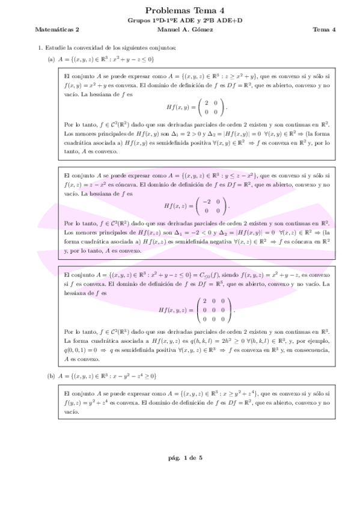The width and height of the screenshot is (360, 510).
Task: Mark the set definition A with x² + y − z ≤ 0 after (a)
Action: pyautogui.click(x=106, y=59)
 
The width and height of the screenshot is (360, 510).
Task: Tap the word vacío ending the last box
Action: pyautogui.click(x=71, y=412)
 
